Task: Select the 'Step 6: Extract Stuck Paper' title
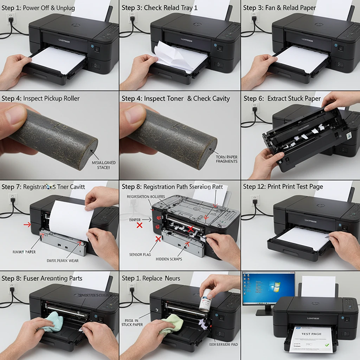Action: click(x=282, y=99)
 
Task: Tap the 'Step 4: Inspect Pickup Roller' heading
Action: click(x=41, y=99)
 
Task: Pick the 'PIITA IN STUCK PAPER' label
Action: click(x=134, y=324)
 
